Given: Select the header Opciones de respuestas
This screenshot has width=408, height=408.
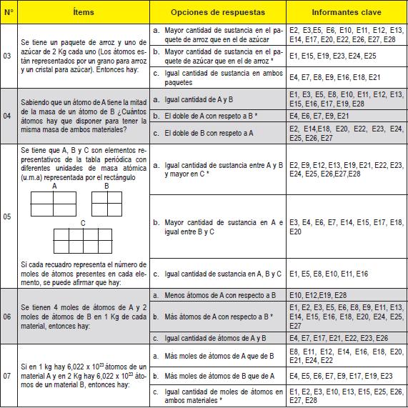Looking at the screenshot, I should tap(217, 13).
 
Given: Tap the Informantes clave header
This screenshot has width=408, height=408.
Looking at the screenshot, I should tap(345, 13).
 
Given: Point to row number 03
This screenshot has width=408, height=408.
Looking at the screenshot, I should tap(8, 56).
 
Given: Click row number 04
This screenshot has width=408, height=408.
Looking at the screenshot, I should tap(8, 115).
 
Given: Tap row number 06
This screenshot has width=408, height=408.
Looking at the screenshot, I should tap(8, 316).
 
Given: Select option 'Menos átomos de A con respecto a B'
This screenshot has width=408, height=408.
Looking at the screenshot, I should tap(215, 294).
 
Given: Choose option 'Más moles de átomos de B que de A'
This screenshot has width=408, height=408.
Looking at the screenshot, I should tap(214, 375).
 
